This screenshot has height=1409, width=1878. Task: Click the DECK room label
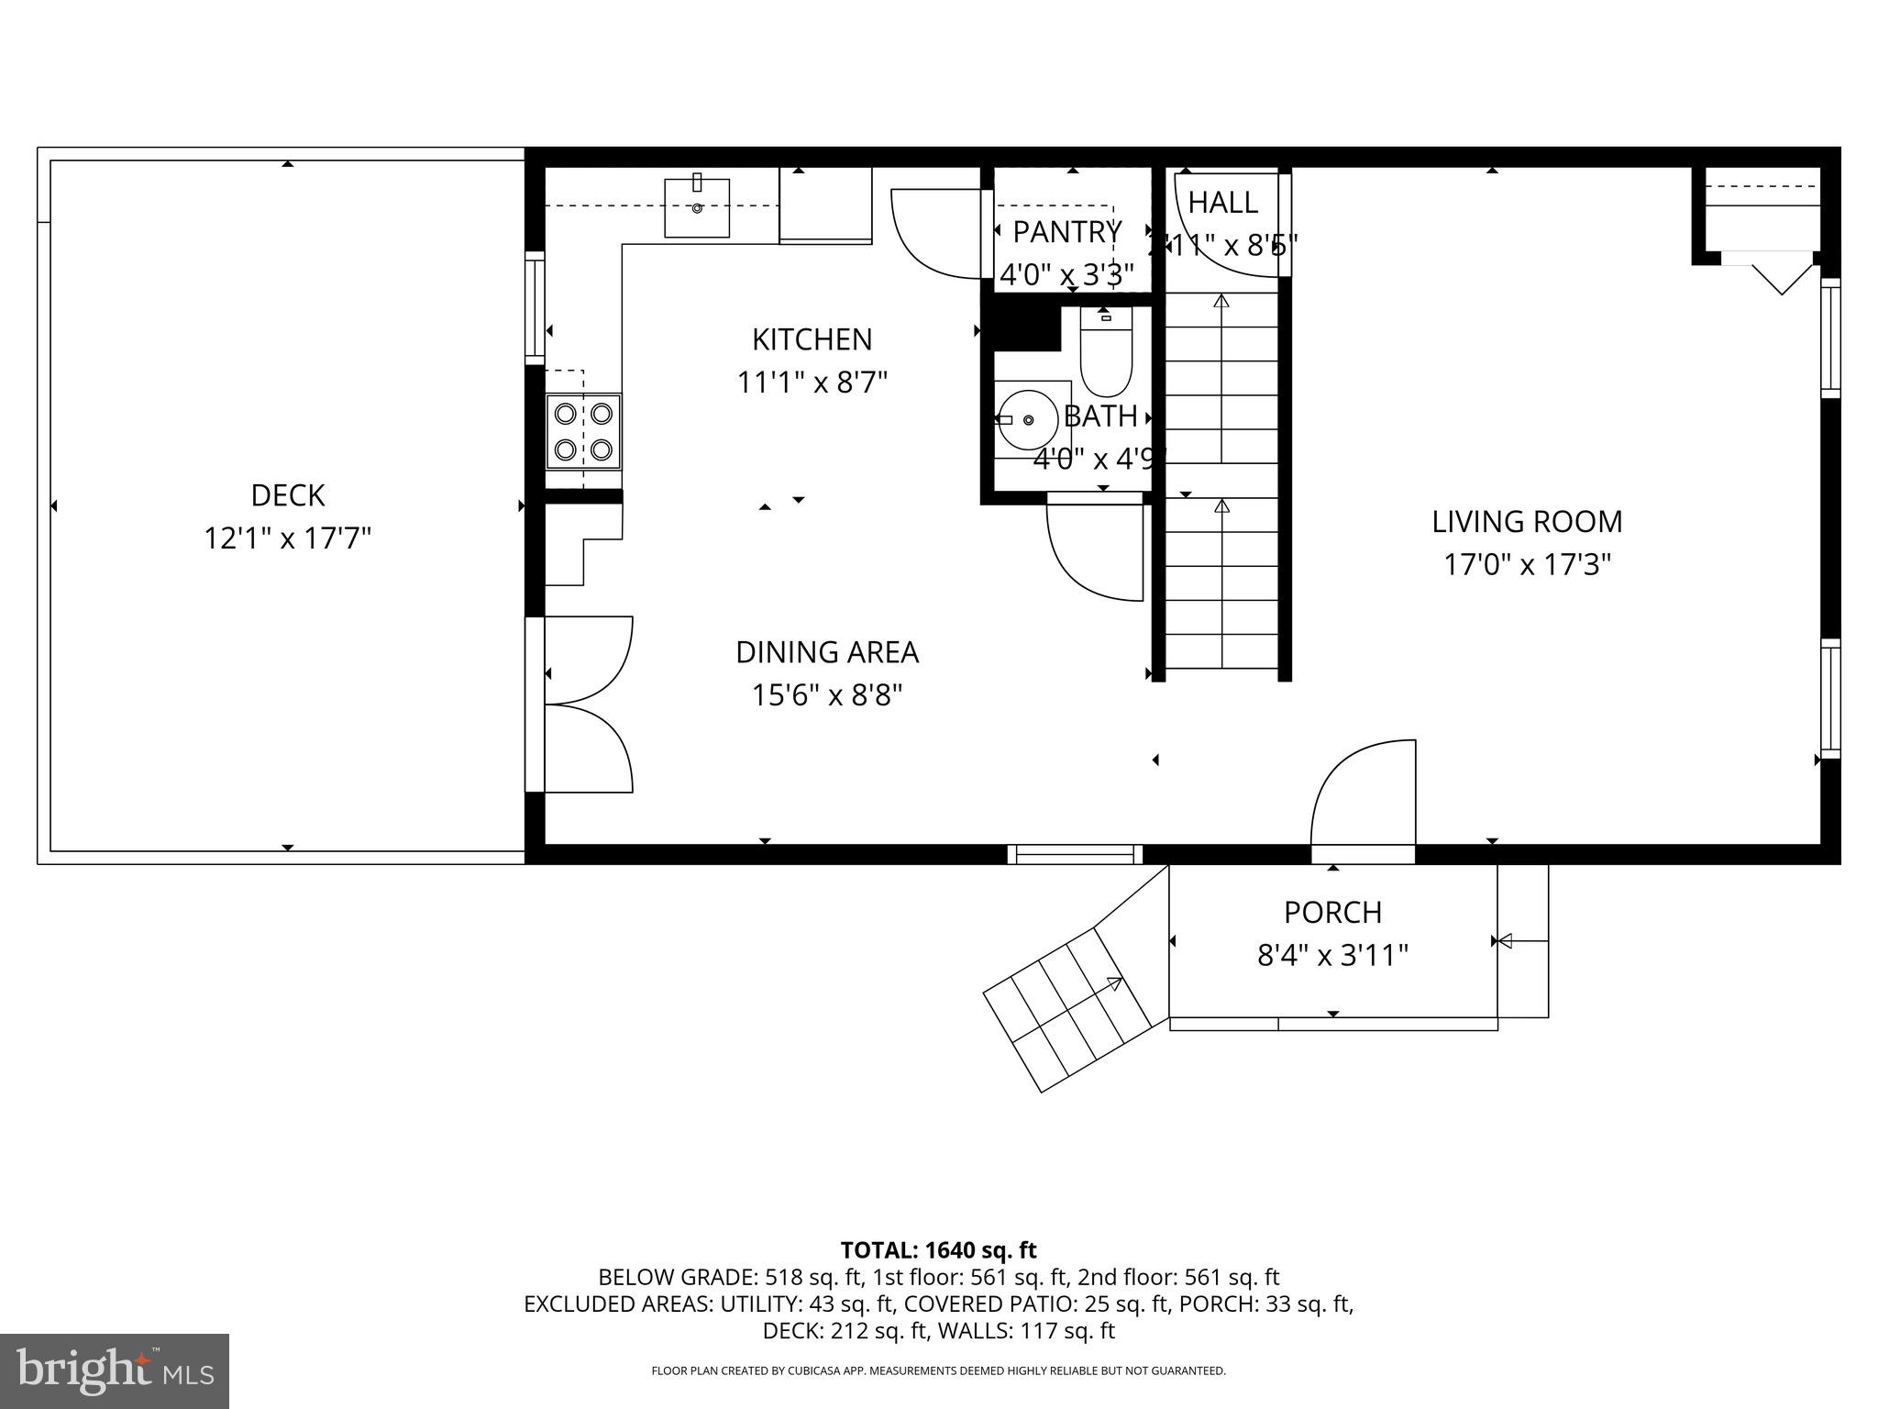pos(287,495)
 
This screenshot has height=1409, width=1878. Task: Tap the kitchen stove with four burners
pos(583,431)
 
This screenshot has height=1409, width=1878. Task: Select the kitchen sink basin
pos(697,209)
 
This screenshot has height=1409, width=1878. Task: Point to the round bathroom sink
pos(1028,420)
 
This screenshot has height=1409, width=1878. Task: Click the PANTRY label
pos(1066,232)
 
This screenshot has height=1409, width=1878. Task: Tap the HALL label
pos(1222,203)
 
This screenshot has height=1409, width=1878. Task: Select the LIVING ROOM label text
pos(1527,522)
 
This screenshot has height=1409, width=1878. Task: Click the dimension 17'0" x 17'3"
pos(1527,564)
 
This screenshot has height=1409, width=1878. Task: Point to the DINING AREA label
pos(826,652)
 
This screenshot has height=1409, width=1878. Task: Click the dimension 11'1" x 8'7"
pos(812,382)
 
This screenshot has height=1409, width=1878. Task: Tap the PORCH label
pos(1332,913)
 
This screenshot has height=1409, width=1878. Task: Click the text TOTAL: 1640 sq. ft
pos(938,1250)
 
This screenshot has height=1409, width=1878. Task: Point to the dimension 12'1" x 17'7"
pos(287,538)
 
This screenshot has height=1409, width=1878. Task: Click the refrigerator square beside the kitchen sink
pos(824,205)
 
